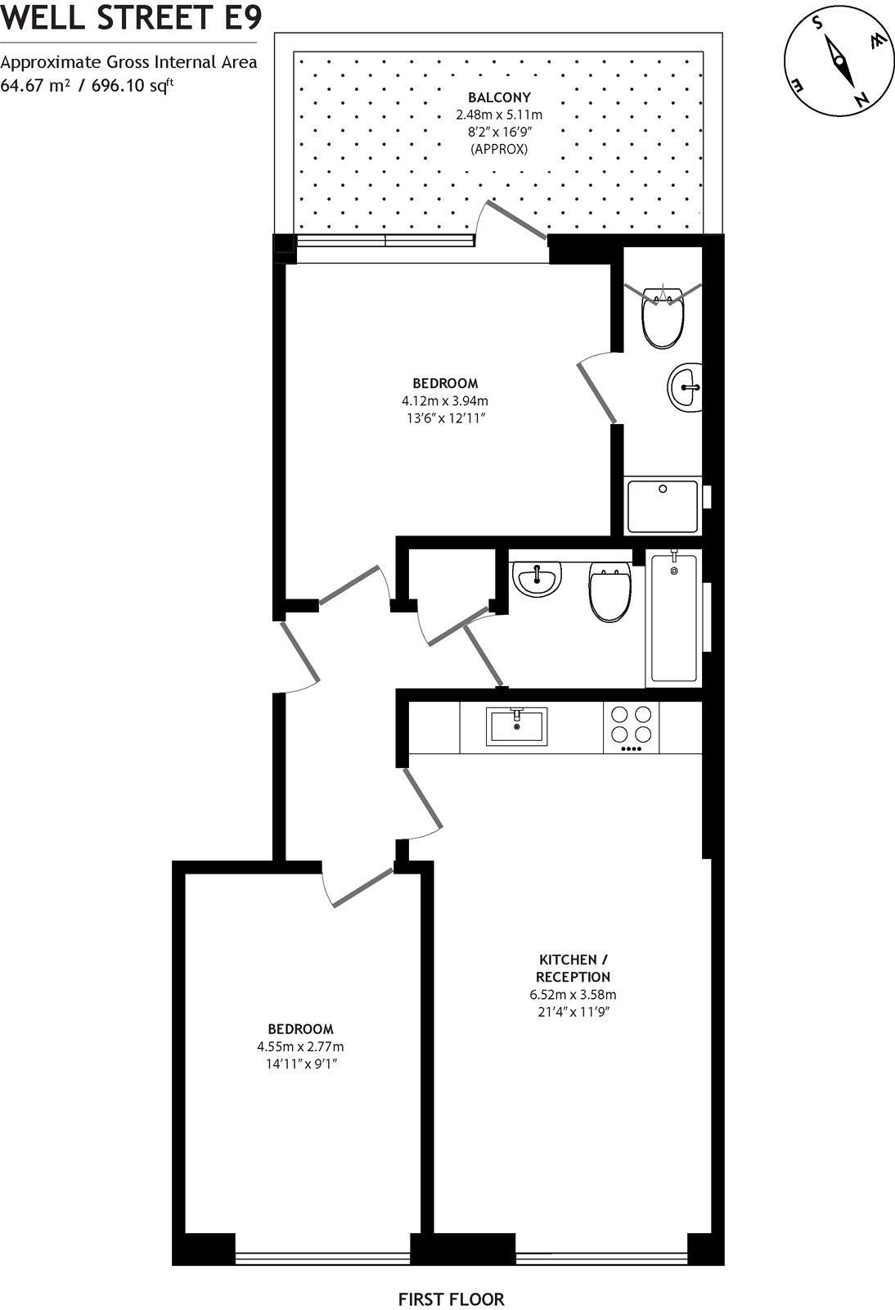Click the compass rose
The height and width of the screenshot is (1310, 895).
click(x=837, y=62)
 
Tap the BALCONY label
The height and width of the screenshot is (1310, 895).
click(x=499, y=97)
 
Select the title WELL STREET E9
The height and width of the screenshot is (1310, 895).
click(x=131, y=18)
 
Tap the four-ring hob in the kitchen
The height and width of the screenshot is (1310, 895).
click(x=632, y=727)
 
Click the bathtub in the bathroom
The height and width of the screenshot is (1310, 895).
click(x=673, y=619)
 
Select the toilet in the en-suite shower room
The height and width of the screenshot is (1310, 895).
click(x=663, y=316)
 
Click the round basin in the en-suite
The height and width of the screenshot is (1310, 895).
click(x=685, y=386)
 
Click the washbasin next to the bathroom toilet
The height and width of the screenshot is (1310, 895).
click(x=537, y=579)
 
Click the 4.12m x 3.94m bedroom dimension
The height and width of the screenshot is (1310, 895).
click(x=444, y=401)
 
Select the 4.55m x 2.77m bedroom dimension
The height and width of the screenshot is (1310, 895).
click(x=300, y=1046)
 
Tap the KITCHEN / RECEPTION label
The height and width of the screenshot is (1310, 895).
click(x=573, y=968)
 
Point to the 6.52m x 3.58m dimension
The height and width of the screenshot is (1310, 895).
click(x=573, y=996)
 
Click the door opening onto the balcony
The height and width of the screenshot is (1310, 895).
click(x=517, y=220)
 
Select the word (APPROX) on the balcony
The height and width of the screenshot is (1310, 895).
click(x=499, y=149)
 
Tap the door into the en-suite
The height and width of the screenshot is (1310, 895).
click(x=597, y=393)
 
